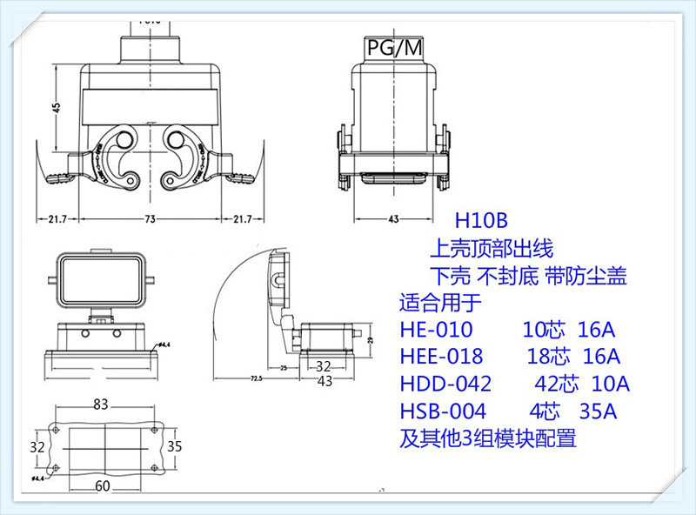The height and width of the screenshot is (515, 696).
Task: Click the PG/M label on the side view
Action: point(392,48)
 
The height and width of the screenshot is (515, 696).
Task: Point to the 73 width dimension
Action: point(149,218)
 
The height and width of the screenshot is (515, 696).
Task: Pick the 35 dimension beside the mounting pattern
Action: point(174,446)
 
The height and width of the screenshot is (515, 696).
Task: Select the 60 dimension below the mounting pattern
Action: point(103,486)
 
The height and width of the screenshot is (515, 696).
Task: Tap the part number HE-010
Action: point(436,330)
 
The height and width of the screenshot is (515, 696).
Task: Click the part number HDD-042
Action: point(445,384)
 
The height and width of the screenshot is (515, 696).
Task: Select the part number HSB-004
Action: point(443,411)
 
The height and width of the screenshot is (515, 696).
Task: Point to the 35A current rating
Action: point(596,411)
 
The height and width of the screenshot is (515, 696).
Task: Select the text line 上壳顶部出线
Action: point(492,250)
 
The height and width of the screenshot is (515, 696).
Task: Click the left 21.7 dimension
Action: point(57,218)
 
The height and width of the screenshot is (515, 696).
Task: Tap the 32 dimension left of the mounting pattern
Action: point(37,446)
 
